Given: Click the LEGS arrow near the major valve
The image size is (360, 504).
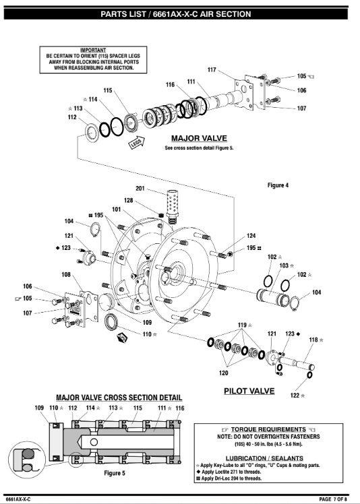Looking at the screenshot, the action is tap(137, 143).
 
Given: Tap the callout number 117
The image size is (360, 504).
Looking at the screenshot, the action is tap(212, 70).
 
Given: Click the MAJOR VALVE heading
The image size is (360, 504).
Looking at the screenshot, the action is tap(199, 139).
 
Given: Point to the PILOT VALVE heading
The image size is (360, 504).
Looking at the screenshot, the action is tap(249, 391).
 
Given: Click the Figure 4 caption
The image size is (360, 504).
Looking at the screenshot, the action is tap(278, 185).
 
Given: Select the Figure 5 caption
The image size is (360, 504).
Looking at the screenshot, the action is tap(115, 473).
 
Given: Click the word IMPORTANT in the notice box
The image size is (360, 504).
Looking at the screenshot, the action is tap(93, 50).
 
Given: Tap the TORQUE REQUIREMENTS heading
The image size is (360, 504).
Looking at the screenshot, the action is tap(268, 429).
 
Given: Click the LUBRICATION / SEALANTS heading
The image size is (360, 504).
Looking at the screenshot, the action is tap(264, 458).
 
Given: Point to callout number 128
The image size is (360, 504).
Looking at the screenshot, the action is tap(128, 201).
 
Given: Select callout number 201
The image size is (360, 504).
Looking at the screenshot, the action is tap(140, 189).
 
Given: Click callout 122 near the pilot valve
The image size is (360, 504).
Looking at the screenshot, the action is tap(295, 396).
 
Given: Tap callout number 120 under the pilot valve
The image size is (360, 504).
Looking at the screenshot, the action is tap(223, 373).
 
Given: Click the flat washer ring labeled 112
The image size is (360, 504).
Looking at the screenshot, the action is tap(92, 132).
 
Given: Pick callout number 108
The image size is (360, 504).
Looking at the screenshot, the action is tap(66, 275).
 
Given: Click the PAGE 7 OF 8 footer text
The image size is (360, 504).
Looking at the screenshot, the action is tap(333, 499).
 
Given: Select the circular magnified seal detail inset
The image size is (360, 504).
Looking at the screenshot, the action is tap(27, 460).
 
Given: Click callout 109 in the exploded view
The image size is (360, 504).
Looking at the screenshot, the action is tap(147, 322).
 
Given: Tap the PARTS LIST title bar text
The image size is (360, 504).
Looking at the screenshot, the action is tap(176, 14).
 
